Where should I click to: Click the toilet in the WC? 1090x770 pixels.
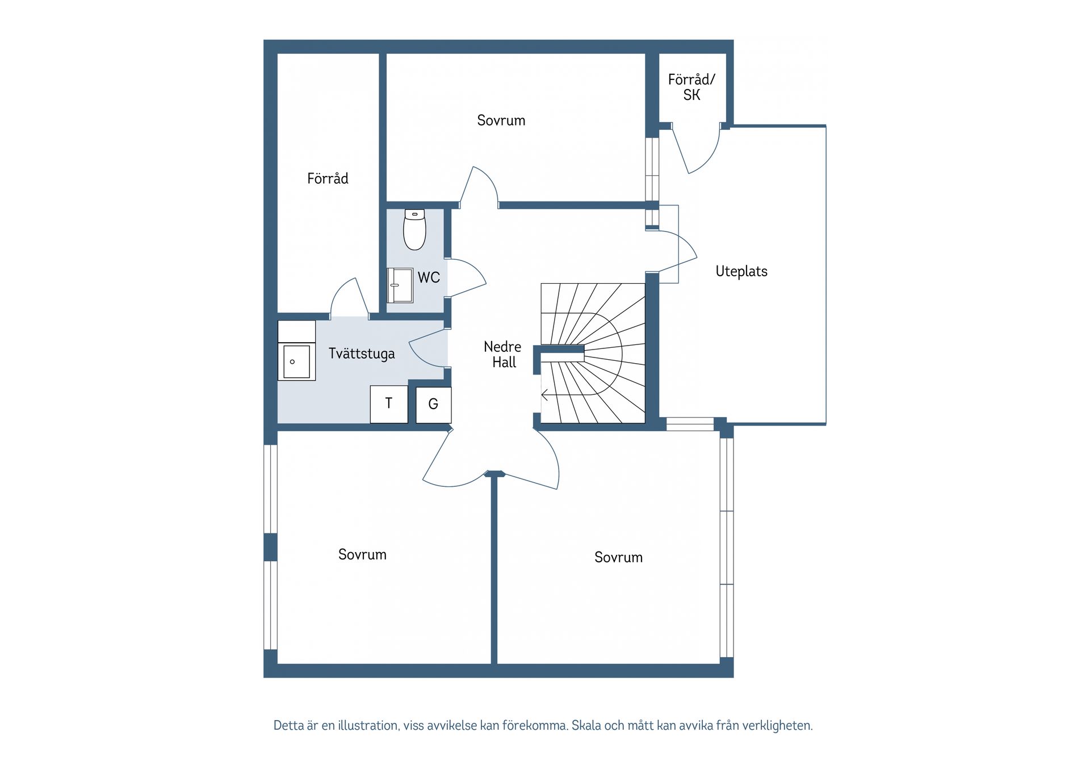pyautogui.click(x=414, y=230)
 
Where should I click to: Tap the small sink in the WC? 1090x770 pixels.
pyautogui.click(x=400, y=285)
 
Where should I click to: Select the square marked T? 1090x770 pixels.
pyautogui.click(x=389, y=404)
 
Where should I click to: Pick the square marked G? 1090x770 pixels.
pyautogui.click(x=434, y=405)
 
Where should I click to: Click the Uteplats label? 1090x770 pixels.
pyautogui.click(x=741, y=271)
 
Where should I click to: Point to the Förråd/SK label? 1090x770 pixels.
pyautogui.click(x=691, y=87)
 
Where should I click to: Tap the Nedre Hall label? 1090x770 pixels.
pyautogui.click(x=503, y=355)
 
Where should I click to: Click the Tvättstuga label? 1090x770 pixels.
pyautogui.click(x=362, y=354)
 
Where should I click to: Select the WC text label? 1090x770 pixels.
pyautogui.click(x=429, y=277)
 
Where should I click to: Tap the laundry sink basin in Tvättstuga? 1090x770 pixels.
pyautogui.click(x=296, y=361)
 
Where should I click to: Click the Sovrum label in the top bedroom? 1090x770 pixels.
pyautogui.click(x=501, y=120)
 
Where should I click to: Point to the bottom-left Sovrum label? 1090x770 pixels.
pyautogui.click(x=362, y=554)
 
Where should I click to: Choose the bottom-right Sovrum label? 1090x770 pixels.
pyautogui.click(x=618, y=557)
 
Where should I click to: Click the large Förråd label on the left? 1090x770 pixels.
pyautogui.click(x=328, y=179)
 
